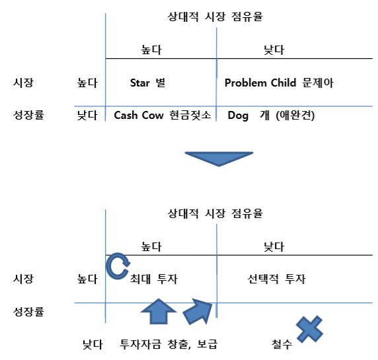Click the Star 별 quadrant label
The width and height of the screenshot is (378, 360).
147,83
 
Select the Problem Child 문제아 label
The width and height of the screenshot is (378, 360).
279,83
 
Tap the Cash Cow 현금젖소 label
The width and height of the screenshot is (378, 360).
163,115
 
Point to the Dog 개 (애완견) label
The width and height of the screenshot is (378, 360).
271,116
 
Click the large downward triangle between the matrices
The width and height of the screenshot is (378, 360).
219,159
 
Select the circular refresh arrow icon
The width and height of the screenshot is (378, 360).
118,266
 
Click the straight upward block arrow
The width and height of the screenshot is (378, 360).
159,311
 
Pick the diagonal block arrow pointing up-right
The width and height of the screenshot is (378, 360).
198,311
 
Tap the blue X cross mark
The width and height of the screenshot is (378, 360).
309,329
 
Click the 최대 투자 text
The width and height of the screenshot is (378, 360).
154,279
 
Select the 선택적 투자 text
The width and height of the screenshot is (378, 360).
276,279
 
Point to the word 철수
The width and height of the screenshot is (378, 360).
282,344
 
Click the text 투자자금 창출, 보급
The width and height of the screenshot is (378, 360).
169,344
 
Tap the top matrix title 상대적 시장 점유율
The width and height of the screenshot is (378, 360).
215,17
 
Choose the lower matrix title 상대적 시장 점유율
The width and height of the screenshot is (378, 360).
215,213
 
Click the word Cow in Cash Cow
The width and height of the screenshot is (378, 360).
153,115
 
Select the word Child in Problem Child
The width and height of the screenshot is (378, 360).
283,83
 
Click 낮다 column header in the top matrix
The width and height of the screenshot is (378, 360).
274,50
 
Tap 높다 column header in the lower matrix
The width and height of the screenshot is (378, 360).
151,246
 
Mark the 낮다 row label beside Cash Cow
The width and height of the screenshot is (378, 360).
87,115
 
